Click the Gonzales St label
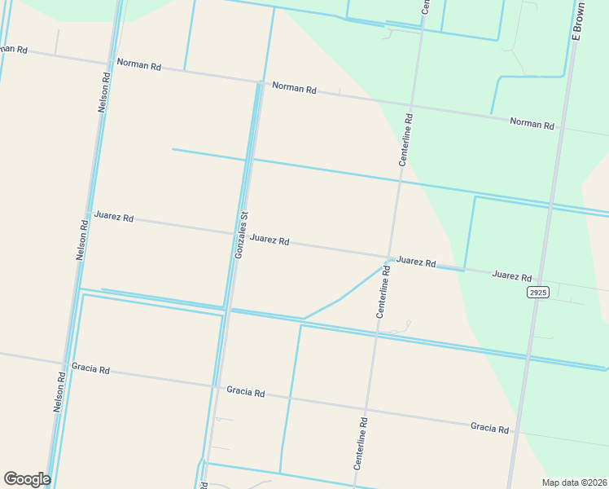coord(241,236)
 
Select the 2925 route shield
coord(537,292)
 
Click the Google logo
coord(27,479)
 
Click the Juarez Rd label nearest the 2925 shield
coord(511,276)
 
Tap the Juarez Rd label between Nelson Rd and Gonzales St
coord(113,217)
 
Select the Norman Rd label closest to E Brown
coord(532,124)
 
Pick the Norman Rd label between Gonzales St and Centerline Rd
coord(294,87)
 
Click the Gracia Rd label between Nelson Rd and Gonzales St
coord(90,369)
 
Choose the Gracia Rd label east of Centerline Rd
coord(489,428)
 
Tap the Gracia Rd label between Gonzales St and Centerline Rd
coord(246,393)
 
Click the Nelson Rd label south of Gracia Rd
coord(59,392)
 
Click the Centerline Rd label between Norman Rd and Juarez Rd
coord(405,139)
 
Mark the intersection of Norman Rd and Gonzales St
coord(261,81)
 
